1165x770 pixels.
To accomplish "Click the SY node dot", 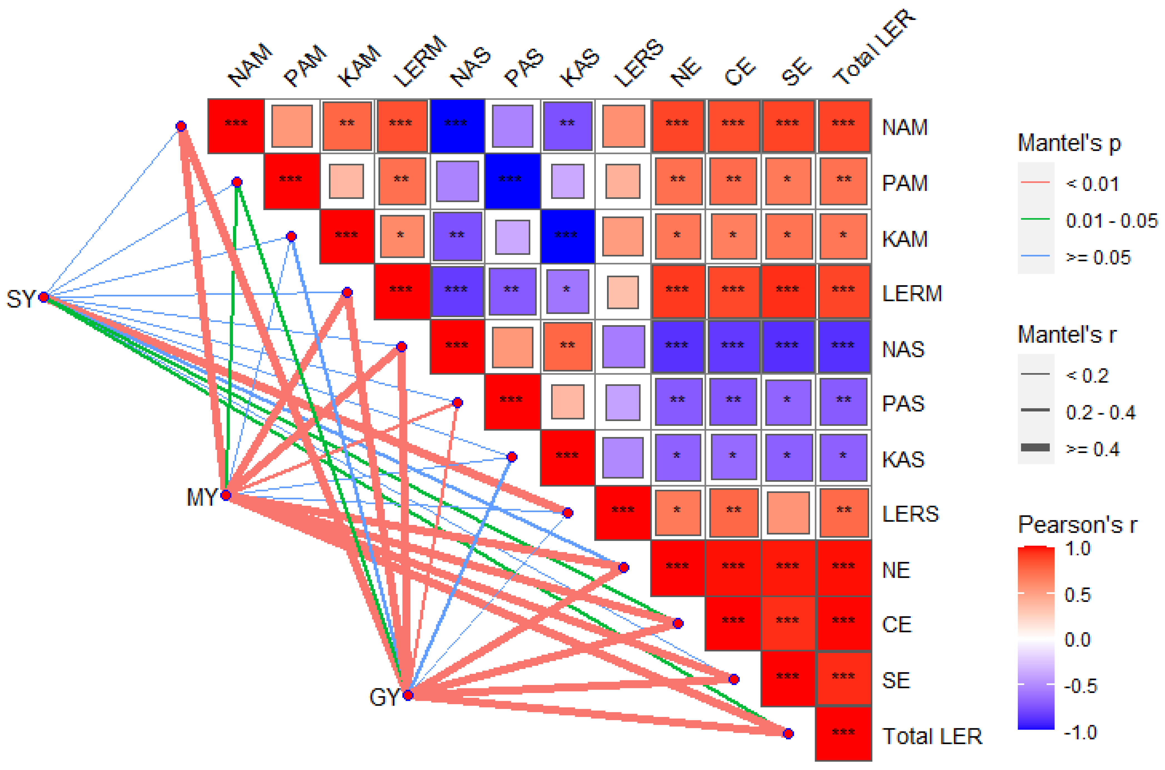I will [44, 297].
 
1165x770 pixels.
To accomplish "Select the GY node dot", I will [408, 695].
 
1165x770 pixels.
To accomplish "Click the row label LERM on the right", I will [911, 294].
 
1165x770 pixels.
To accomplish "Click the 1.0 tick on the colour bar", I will [1077, 549].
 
